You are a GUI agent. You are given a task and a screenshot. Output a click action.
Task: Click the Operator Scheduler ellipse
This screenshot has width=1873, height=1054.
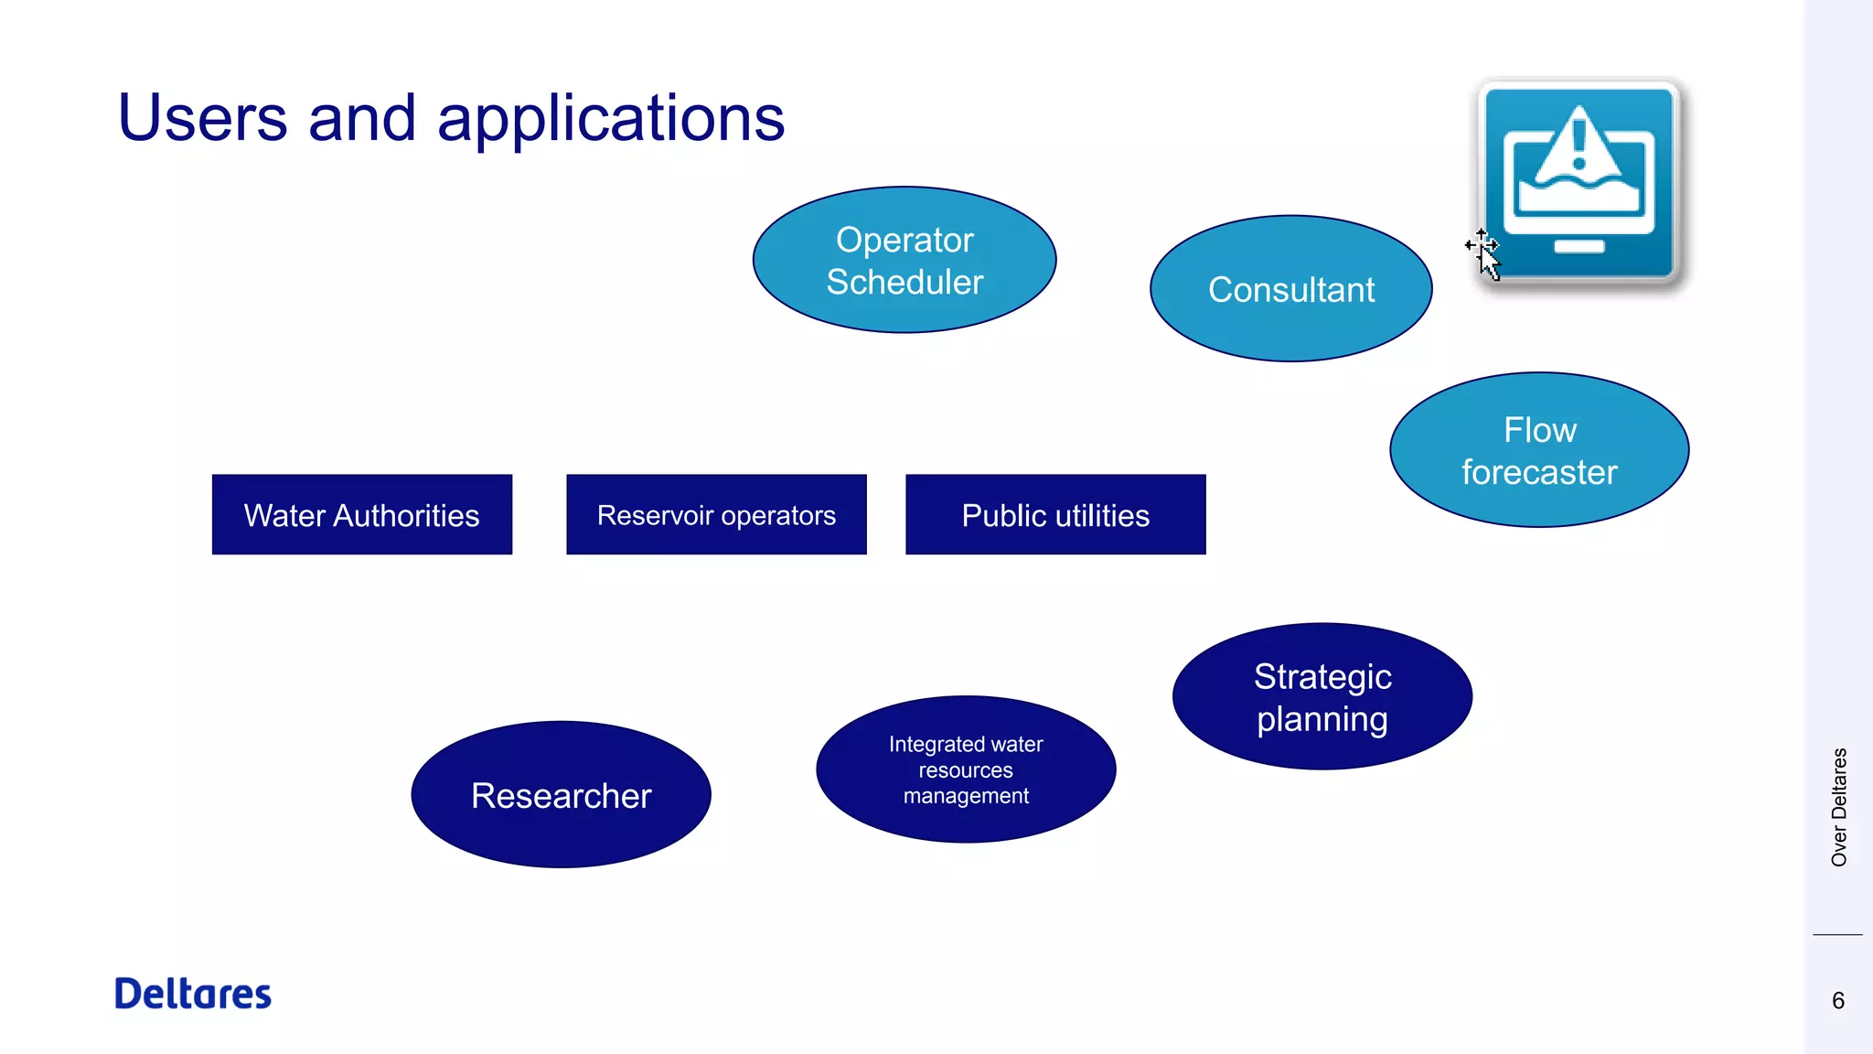[x=904, y=260]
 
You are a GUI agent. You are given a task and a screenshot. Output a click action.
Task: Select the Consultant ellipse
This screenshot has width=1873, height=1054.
[x=1290, y=289]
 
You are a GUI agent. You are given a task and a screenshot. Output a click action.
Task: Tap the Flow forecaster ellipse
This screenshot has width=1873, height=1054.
[x=1539, y=450]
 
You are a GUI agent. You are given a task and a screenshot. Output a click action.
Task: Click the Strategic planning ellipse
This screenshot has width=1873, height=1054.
[x=1322, y=697]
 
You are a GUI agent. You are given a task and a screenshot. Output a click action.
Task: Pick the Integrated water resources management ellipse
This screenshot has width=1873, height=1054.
[x=966, y=769]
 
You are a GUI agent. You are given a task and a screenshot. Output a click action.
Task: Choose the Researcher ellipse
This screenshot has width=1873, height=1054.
[x=561, y=795]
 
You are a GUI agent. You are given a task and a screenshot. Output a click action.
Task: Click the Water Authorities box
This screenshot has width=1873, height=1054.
[x=361, y=515]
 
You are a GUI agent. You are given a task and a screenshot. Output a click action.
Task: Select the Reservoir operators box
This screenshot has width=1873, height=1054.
[x=716, y=515]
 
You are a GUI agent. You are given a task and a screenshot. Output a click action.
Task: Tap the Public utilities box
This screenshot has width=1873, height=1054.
[x=1055, y=515]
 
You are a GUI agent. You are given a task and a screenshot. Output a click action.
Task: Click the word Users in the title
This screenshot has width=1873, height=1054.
[x=202, y=118]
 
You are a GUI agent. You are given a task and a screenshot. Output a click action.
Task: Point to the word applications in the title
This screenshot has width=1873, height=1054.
[x=610, y=120]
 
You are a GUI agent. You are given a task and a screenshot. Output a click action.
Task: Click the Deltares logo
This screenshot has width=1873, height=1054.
[x=193, y=994]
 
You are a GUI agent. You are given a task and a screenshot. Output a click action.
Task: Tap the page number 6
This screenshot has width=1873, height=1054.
[x=1837, y=1001]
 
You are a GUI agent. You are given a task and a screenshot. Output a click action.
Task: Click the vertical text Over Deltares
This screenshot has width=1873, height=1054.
[x=1838, y=807]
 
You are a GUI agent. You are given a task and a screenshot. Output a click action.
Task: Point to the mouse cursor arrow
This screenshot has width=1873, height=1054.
[x=1488, y=260]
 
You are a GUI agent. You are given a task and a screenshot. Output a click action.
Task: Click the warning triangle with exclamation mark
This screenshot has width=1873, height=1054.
[x=1579, y=144]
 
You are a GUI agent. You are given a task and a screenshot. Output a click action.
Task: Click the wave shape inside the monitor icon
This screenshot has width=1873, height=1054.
[x=1579, y=194]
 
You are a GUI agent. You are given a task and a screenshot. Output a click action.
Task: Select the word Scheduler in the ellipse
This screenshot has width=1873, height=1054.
[x=904, y=282]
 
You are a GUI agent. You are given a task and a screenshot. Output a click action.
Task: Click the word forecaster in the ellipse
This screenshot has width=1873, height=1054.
[x=1539, y=472]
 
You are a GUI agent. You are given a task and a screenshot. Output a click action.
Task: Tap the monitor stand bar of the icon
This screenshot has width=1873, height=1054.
[x=1579, y=246]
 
